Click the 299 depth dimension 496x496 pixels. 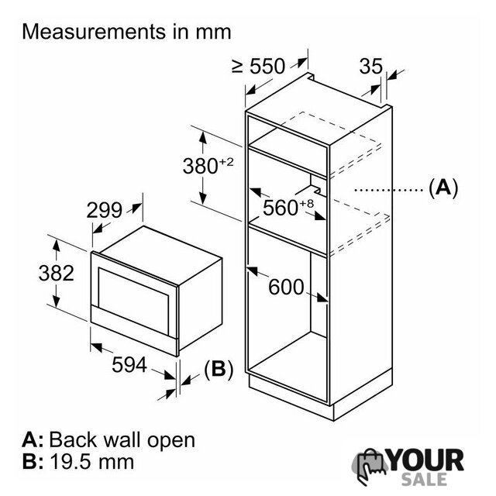[104, 210]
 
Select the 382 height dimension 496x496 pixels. [57, 273]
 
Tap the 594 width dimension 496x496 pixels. [129, 365]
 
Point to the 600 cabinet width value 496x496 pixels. [286, 288]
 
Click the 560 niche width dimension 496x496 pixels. [281, 208]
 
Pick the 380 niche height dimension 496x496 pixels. [201, 166]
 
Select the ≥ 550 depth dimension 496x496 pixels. [258, 66]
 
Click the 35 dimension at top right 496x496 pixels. [371, 66]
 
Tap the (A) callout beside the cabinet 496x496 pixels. [443, 188]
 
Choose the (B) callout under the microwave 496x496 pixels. [219, 369]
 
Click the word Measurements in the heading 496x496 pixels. [94, 32]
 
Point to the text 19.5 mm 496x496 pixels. [92, 462]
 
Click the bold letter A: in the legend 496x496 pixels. [33, 439]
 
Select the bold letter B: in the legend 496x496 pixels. [33, 462]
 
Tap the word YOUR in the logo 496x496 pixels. [426, 460]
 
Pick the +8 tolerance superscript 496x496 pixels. [307, 203]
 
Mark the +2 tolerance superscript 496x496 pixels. [226, 162]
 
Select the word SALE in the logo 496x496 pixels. [424, 479]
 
